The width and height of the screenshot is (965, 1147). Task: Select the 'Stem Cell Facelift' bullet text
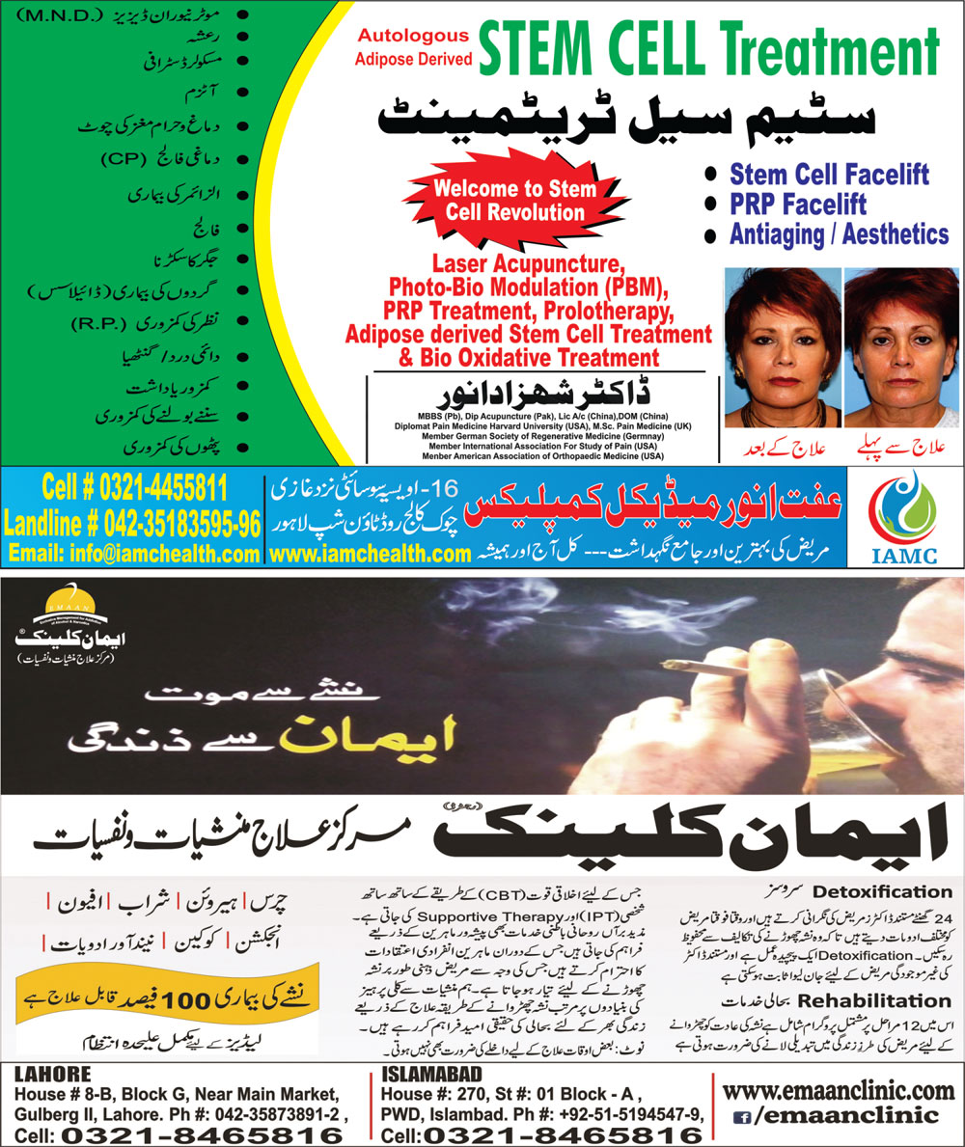(829, 175)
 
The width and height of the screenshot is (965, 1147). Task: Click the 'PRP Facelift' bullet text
(798, 204)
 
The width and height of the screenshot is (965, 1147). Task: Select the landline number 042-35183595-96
(132, 524)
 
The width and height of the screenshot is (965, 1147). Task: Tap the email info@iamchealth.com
(134, 554)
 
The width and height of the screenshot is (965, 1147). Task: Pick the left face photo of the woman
(782, 347)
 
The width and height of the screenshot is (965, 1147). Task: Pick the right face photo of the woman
(899, 347)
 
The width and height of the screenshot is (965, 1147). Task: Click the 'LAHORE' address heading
(52, 1073)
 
